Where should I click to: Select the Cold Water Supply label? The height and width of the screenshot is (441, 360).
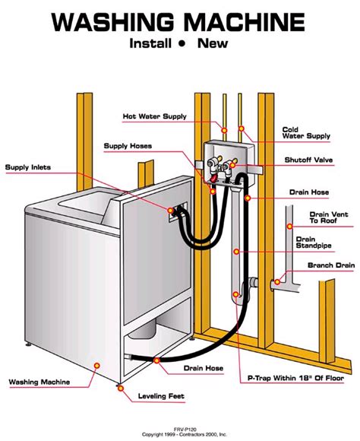click(x=307, y=132)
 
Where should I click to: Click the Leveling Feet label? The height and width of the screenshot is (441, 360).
click(x=163, y=396)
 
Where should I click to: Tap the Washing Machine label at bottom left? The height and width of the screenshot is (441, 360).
click(x=39, y=382)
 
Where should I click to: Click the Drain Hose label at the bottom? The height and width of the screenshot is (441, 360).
click(x=203, y=368)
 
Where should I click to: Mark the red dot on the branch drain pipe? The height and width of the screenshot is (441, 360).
click(x=279, y=283)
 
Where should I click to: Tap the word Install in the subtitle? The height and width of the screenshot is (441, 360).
click(x=152, y=43)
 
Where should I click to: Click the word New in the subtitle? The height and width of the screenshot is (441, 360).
click(x=213, y=43)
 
